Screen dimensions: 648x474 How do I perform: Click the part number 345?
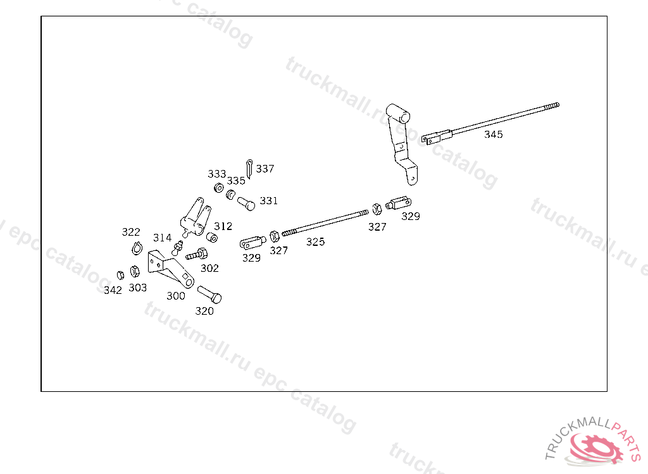494,135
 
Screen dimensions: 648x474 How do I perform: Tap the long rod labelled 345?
500,119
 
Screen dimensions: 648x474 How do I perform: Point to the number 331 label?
269,201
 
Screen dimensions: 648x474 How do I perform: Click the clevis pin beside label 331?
246,204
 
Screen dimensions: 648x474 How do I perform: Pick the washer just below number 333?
217,188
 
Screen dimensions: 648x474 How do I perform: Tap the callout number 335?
236,181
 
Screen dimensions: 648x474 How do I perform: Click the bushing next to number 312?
213,238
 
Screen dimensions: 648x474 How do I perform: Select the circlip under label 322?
136,248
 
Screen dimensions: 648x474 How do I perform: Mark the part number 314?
162,238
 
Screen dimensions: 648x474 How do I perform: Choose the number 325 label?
316,242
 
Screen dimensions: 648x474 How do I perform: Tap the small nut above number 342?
119,274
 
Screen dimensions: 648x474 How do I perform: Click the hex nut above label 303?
134,271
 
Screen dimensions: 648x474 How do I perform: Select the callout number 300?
176,296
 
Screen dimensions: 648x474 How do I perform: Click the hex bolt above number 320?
209,294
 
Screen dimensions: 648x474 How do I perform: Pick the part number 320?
204,311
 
